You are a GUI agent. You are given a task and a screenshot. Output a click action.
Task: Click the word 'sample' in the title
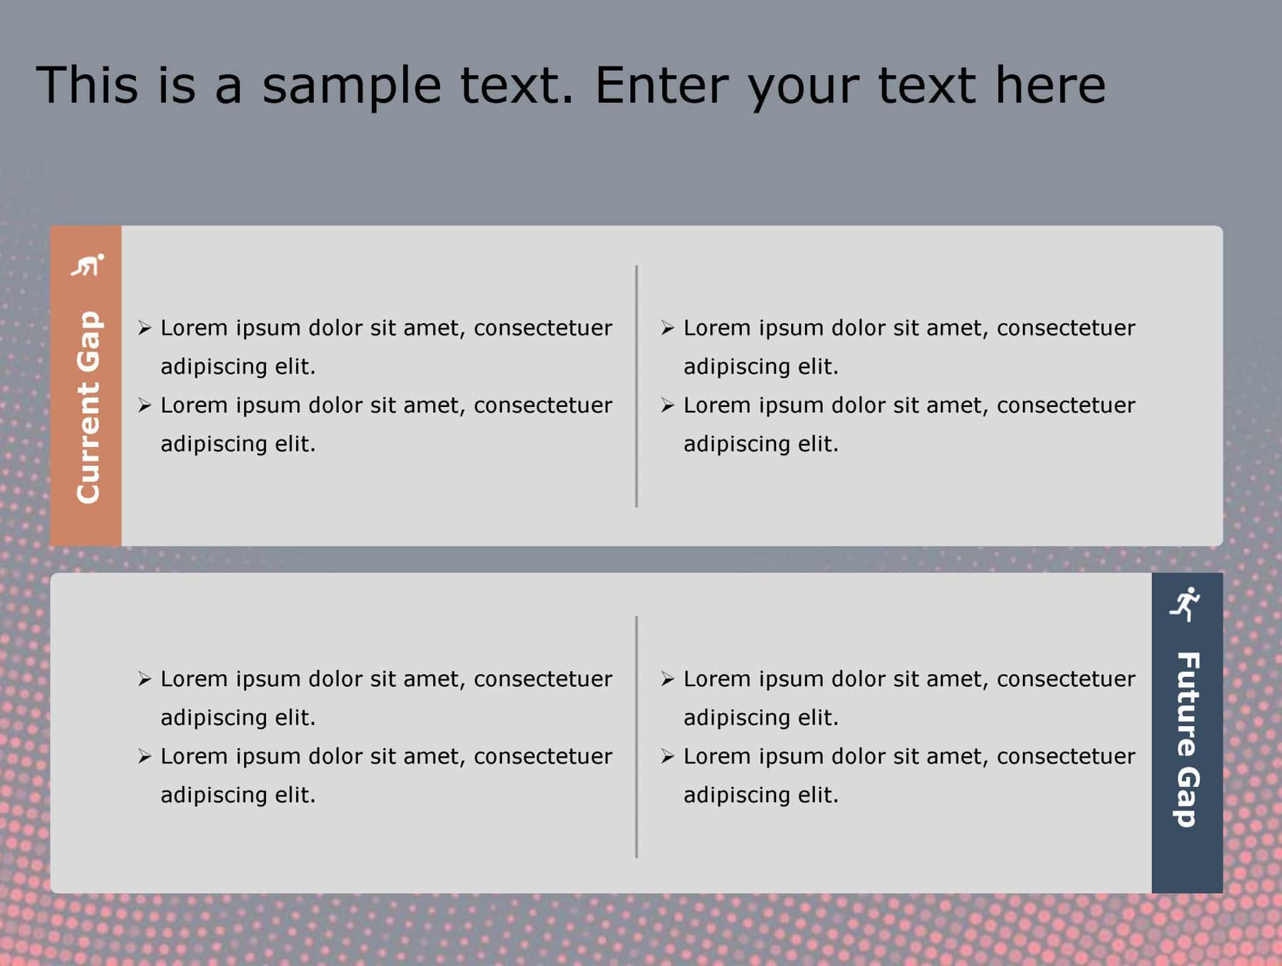coord(351,86)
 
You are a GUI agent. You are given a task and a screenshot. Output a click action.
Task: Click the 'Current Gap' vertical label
coord(88,407)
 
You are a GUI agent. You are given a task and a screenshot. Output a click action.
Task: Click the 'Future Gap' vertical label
coord(1187,739)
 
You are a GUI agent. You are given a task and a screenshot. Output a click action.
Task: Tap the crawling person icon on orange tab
coord(87,265)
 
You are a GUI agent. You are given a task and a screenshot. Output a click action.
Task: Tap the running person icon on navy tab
coord(1185,604)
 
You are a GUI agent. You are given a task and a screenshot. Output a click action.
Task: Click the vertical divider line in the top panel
coord(636,386)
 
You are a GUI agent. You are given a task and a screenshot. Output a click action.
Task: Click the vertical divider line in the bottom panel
coord(636,736)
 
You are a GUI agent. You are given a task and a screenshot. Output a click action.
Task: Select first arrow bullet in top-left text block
coord(145,328)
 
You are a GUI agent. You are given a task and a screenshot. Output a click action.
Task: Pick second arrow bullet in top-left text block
coord(145,406)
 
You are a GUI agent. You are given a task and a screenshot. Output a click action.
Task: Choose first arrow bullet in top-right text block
coord(667,328)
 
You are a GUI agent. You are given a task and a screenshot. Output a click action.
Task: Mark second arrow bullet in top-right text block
coord(667,406)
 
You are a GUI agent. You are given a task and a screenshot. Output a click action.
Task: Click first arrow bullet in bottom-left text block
coord(145,679)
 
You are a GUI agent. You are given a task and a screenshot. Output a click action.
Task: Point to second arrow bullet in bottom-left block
coord(145,757)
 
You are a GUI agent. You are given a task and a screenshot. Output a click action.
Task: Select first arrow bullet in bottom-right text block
coord(667,679)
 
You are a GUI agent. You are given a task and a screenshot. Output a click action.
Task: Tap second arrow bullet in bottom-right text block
coord(667,757)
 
